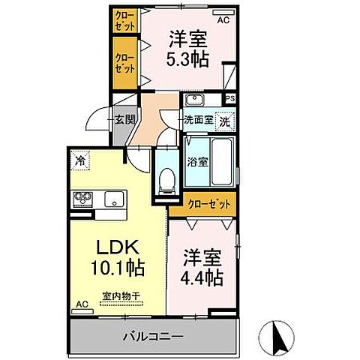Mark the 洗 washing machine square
(224, 120)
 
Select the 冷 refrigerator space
(79, 159)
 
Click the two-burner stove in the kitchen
(82, 199)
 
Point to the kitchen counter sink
(115, 199)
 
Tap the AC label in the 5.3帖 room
(222, 20)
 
